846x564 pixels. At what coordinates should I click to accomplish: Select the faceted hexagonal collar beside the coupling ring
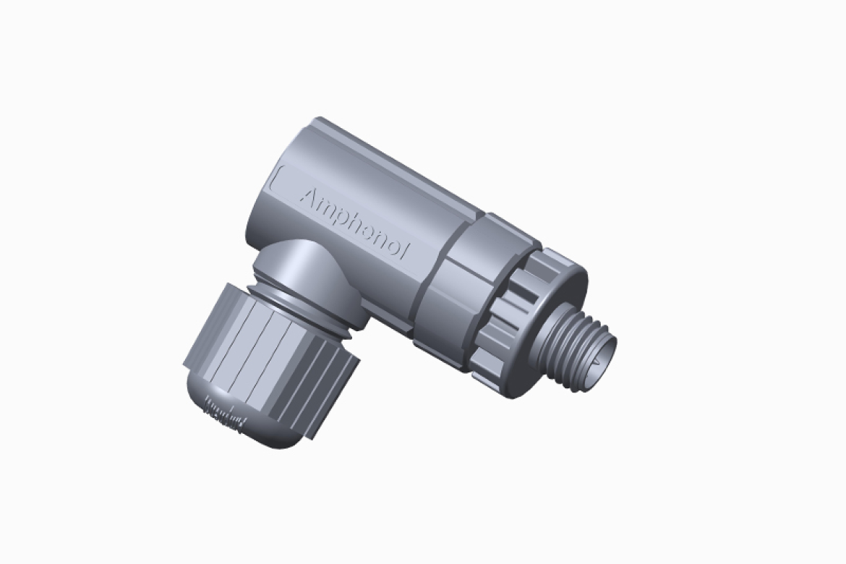point(448,289)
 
